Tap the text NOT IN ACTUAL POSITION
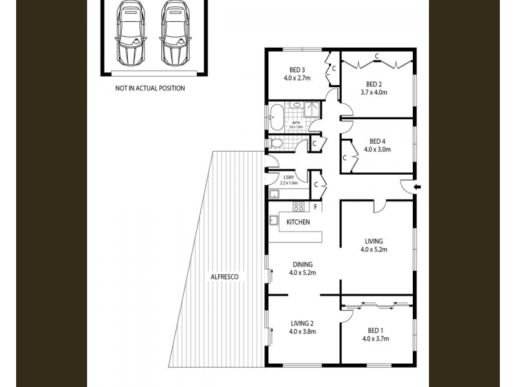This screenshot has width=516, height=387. pyautogui.click(x=150, y=88)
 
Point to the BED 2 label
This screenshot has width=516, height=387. pyautogui.click(x=375, y=84)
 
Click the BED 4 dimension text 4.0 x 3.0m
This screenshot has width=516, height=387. pyautogui.click(x=377, y=149)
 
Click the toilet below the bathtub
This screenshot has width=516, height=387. pyautogui.click(x=276, y=143)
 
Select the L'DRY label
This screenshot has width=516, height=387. pyautogui.click(x=289, y=177)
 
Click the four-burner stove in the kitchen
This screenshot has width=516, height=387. pyautogui.click(x=299, y=207)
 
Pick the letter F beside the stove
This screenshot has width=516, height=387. pyautogui.click(x=315, y=207)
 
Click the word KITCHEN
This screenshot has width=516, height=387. pyautogui.click(x=299, y=223)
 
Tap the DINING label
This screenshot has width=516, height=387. pyautogui.click(x=302, y=264)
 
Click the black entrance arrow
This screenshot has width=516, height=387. pyautogui.click(x=417, y=187)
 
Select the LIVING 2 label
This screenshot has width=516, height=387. pyautogui.click(x=302, y=324)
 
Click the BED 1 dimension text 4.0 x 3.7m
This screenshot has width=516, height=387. pyautogui.click(x=375, y=338)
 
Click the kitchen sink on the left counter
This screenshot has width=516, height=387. pyautogui.click(x=273, y=219)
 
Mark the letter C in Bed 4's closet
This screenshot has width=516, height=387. pyautogui.click(x=345, y=157)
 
